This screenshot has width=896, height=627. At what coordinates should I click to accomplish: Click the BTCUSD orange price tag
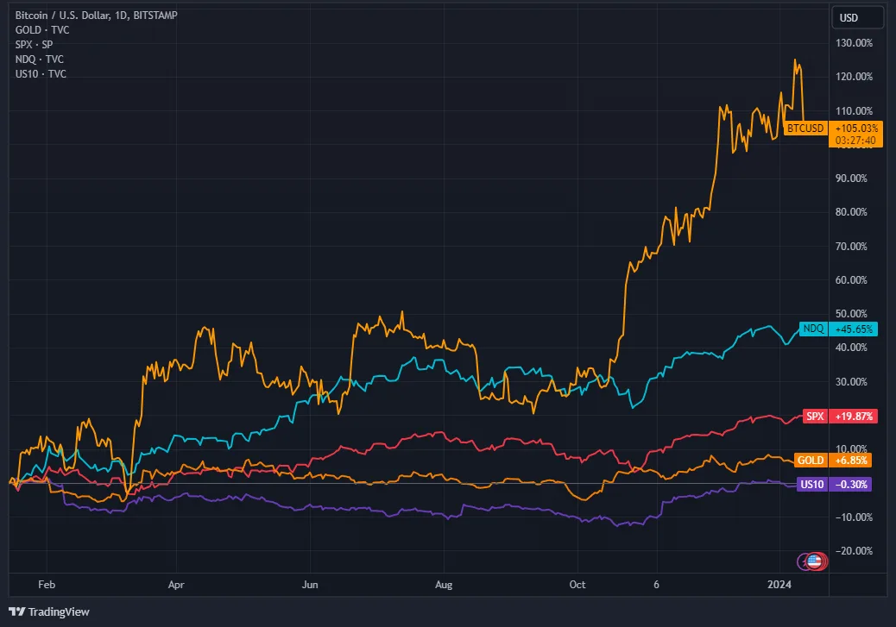[805, 129]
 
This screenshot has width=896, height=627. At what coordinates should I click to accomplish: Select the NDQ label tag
[813, 329]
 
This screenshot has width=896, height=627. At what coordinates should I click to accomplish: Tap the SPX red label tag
[815, 417]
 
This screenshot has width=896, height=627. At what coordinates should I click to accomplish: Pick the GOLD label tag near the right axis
[811, 461]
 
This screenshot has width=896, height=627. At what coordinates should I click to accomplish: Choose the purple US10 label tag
[812, 484]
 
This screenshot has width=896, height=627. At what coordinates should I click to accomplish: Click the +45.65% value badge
[854, 329]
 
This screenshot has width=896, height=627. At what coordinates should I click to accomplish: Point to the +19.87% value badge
[854, 417]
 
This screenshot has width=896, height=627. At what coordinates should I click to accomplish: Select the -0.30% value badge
[851, 484]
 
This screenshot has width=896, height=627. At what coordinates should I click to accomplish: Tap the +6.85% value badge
[851, 461]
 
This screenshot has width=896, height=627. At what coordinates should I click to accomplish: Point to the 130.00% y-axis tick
[854, 43]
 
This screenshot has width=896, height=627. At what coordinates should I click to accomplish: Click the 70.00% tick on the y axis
[851, 246]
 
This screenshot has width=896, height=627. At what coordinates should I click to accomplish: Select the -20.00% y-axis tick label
[854, 550]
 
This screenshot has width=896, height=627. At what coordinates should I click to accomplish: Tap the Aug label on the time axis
[444, 585]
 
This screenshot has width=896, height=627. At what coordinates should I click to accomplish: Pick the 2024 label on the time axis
[779, 584]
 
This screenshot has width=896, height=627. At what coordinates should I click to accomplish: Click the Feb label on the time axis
[47, 584]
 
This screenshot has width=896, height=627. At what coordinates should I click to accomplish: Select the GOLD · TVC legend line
[41, 29]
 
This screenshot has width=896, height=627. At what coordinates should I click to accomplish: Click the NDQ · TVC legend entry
[40, 60]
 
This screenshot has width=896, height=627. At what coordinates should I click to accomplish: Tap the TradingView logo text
[49, 611]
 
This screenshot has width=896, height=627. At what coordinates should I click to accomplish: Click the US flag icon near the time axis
[814, 561]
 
